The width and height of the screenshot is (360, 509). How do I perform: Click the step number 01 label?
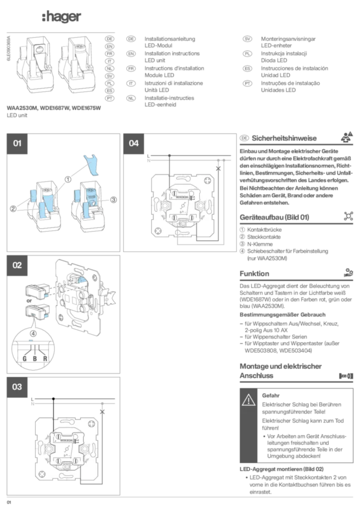point(17,144)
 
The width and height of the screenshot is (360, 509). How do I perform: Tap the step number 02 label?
point(17,265)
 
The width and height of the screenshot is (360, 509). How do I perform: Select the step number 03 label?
point(17,387)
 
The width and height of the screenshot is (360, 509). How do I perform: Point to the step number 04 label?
point(134,144)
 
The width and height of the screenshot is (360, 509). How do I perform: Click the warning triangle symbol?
point(249,400)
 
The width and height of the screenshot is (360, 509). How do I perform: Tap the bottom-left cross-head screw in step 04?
point(158,230)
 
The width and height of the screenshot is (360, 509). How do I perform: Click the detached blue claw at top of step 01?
point(92,164)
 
